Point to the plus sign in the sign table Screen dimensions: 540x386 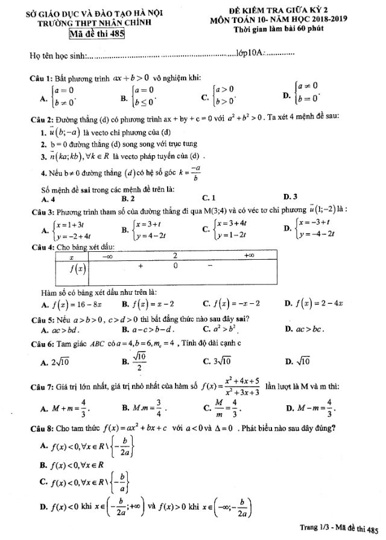pos(141,265)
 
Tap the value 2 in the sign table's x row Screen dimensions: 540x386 pos(175,256)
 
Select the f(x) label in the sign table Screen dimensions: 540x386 pos(77,266)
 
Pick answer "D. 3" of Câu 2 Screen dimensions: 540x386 pos(289,196)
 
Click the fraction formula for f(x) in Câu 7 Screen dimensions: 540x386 pos(227,387)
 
